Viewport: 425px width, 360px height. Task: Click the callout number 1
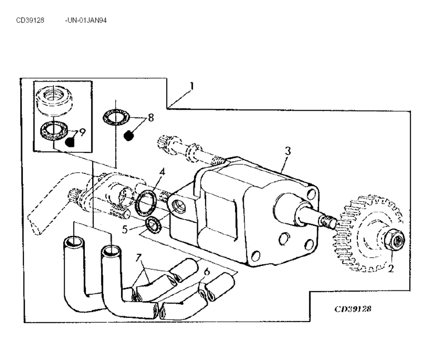[x=192, y=86]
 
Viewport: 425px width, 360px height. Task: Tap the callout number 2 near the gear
[x=391, y=269]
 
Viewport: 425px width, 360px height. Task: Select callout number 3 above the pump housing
[x=288, y=151]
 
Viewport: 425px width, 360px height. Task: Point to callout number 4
[x=162, y=172]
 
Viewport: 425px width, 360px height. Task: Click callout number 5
[x=125, y=229]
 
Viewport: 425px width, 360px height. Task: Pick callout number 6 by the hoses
[x=207, y=271]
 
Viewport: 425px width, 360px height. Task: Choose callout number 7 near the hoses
[x=139, y=258]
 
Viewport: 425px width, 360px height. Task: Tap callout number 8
[x=151, y=118]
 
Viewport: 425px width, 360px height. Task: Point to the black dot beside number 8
[x=129, y=135]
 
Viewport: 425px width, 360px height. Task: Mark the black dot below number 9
[x=70, y=142]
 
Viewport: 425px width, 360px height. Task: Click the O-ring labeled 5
[x=154, y=225]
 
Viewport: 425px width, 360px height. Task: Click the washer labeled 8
[x=116, y=117]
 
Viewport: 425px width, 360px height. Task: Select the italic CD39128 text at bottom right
[x=353, y=309]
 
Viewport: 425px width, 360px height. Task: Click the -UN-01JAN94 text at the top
[x=86, y=20]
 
